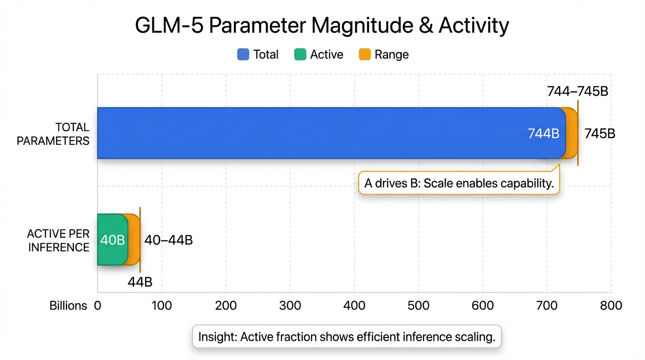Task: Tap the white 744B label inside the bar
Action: point(544,134)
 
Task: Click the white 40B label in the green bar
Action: point(112,240)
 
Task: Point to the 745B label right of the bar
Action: point(600,134)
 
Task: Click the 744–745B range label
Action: point(577,91)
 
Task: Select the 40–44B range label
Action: point(169,240)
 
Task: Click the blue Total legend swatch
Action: point(243,54)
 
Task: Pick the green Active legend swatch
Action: point(300,54)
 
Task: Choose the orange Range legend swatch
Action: point(365,54)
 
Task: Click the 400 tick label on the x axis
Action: point(354,306)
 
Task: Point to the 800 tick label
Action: point(611,306)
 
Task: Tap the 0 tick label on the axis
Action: point(97,306)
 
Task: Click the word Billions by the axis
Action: point(68,306)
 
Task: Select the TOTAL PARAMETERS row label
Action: point(53,134)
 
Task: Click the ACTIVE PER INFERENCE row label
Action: point(58,240)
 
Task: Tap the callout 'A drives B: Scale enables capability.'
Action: point(459,183)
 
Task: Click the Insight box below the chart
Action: point(347,337)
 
